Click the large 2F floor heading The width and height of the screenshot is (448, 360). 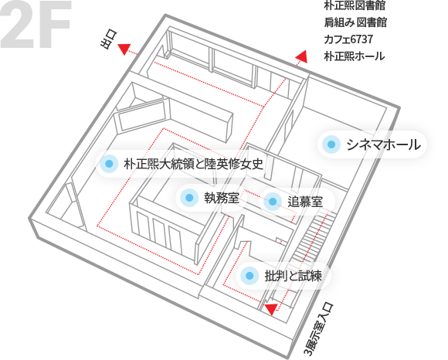tap(36, 24)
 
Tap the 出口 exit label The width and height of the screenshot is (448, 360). tap(109, 40)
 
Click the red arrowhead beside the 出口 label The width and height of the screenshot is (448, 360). tap(124, 49)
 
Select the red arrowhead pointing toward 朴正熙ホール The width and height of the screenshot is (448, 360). tap(302, 56)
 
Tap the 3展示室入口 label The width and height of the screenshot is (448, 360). tap(318, 329)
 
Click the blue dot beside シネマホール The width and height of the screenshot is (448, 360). tap(331, 144)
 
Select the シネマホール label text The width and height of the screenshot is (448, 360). tap(383, 144)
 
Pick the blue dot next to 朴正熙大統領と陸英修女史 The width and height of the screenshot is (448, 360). tap(109, 164)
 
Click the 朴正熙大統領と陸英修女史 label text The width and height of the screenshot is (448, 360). tap(193, 164)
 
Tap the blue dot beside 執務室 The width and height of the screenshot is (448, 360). tap(189, 198)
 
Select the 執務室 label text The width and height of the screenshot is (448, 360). tap(222, 198)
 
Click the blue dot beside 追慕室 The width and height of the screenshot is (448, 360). tap(273, 202)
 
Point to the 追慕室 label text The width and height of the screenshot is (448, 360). tap(305, 202)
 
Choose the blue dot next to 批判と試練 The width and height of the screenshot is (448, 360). tap(249, 276)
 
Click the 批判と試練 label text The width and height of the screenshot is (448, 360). tap(294, 276)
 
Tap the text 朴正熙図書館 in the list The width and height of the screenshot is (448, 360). tap(355, 5)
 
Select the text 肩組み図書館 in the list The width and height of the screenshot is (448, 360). tap(355, 22)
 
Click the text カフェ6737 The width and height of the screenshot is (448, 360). tap(348, 39)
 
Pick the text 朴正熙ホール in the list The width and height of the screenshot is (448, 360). tap(354, 56)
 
